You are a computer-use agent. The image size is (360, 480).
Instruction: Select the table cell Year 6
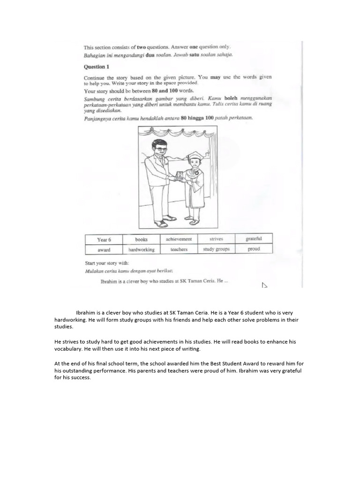point(104,240)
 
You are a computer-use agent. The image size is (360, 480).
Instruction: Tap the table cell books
point(141,240)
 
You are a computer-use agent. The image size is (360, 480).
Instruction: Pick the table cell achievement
point(179,239)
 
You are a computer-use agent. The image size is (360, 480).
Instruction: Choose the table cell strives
point(216,239)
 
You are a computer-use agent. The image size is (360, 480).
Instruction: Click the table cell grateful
point(254,239)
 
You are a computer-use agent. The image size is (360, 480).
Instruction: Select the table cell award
point(104,250)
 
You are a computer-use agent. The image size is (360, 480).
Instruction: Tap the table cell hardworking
point(141,250)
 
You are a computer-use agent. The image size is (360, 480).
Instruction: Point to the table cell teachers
point(179,249)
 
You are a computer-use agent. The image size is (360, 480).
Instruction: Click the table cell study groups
point(216,249)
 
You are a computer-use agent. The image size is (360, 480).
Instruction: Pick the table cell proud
point(254,249)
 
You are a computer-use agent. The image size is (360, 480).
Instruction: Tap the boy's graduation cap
point(193,156)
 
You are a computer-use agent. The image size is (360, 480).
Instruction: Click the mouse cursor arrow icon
point(264,285)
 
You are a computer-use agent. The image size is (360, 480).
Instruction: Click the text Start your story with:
point(106,263)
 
